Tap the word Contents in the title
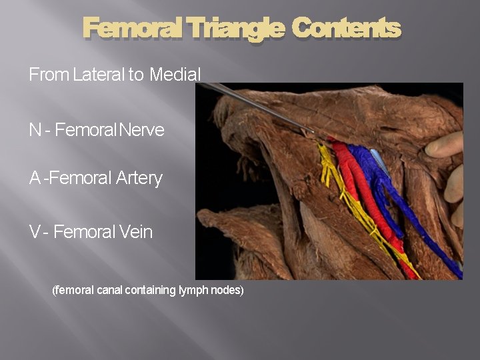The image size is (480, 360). tap(346, 29)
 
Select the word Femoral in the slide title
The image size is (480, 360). tap(132, 29)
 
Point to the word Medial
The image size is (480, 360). tap(175, 75)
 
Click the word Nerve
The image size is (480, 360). tap(141, 130)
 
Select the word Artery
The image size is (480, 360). tap(139, 179)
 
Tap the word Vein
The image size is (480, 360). tap(136, 232)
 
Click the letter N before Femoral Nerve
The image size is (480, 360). tap(35, 130)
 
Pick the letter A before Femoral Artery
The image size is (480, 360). tap(35, 179)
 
